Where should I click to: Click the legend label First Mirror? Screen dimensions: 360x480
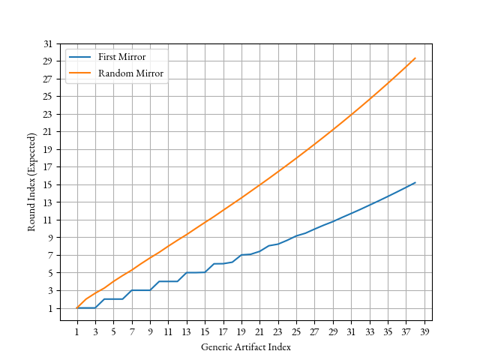pyautogui.click(x=121, y=58)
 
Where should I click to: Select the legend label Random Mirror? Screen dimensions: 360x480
pyautogui.click(x=130, y=73)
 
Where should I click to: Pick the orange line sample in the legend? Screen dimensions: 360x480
pyautogui.click(x=79, y=73)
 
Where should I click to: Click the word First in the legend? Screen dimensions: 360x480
pyautogui.click(x=108, y=58)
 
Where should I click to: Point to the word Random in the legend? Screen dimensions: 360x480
pyautogui.click(x=115, y=73)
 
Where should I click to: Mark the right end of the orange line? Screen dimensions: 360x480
pyautogui.click(x=415, y=58)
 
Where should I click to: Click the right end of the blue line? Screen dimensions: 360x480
pyautogui.click(x=415, y=182)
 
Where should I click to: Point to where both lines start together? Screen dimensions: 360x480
pyautogui.click(x=76, y=307)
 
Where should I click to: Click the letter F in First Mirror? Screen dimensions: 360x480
pyautogui.click(x=100, y=58)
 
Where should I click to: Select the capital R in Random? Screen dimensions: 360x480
pyautogui.click(x=101, y=73)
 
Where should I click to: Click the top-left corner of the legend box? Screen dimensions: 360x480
pyautogui.click(x=65, y=49)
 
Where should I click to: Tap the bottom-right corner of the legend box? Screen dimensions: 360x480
pyautogui.click(x=168, y=83)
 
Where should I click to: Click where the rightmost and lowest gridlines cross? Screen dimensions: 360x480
pyautogui.click(x=424, y=307)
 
